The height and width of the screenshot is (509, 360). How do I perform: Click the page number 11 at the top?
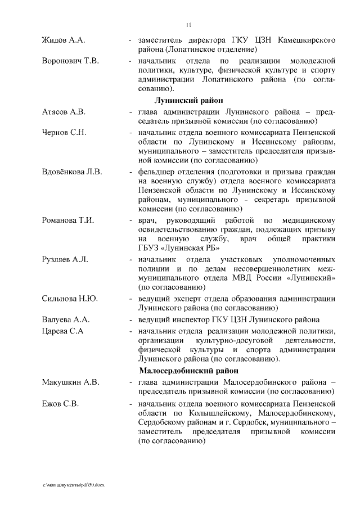(x=189, y=24)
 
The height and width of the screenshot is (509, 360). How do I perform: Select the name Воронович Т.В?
(x=70, y=61)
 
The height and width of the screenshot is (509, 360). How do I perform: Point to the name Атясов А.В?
(x=64, y=112)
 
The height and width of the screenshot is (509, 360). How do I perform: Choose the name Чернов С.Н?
(x=64, y=132)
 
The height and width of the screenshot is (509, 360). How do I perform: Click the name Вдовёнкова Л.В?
(x=72, y=172)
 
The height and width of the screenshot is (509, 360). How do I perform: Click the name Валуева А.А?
(x=66, y=320)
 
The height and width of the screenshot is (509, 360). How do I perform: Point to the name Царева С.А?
(x=63, y=331)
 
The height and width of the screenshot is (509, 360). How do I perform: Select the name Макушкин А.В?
(x=70, y=382)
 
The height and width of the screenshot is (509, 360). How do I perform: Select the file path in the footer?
(x=73, y=485)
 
